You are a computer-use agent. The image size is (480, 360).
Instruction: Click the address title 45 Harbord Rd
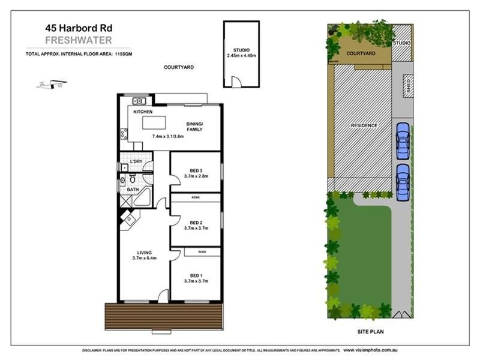tap(77, 28)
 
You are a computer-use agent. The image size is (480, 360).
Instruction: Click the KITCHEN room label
tap(143, 112)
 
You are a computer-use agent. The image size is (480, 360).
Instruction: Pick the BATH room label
tap(132, 190)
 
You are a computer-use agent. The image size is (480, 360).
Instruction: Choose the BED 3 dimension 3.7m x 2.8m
tap(195, 176)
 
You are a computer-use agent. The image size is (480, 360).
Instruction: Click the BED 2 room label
tap(195, 222)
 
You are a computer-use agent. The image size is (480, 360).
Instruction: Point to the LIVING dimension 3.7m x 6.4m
tap(144, 259)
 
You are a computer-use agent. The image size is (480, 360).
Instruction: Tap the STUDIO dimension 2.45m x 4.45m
tap(241, 56)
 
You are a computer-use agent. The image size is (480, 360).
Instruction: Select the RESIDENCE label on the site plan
tap(364, 125)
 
